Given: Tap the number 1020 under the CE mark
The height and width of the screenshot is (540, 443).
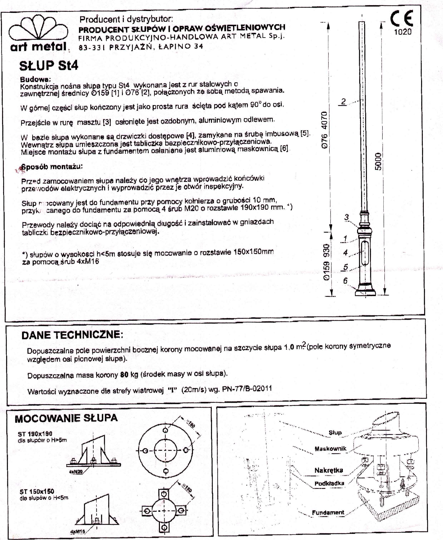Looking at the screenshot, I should (x=403, y=32).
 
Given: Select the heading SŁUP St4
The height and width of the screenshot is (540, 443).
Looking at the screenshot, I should (x=48, y=66).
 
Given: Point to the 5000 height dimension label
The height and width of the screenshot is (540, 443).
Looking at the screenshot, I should (x=378, y=161).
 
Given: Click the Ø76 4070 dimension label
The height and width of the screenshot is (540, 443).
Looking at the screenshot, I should (x=324, y=130).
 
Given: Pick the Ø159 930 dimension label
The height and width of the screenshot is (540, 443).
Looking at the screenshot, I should (x=326, y=262).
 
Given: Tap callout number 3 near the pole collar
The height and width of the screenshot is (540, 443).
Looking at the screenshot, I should (x=346, y=217).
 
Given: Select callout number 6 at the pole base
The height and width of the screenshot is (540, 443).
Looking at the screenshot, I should (x=345, y=281).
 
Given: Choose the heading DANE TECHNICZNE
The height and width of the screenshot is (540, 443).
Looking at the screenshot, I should (x=72, y=335).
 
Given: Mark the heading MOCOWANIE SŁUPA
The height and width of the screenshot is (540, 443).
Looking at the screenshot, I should (x=66, y=418).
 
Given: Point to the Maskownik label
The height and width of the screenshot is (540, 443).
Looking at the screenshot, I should (x=330, y=449).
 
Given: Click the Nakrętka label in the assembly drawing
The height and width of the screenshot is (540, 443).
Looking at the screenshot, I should (x=328, y=470).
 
